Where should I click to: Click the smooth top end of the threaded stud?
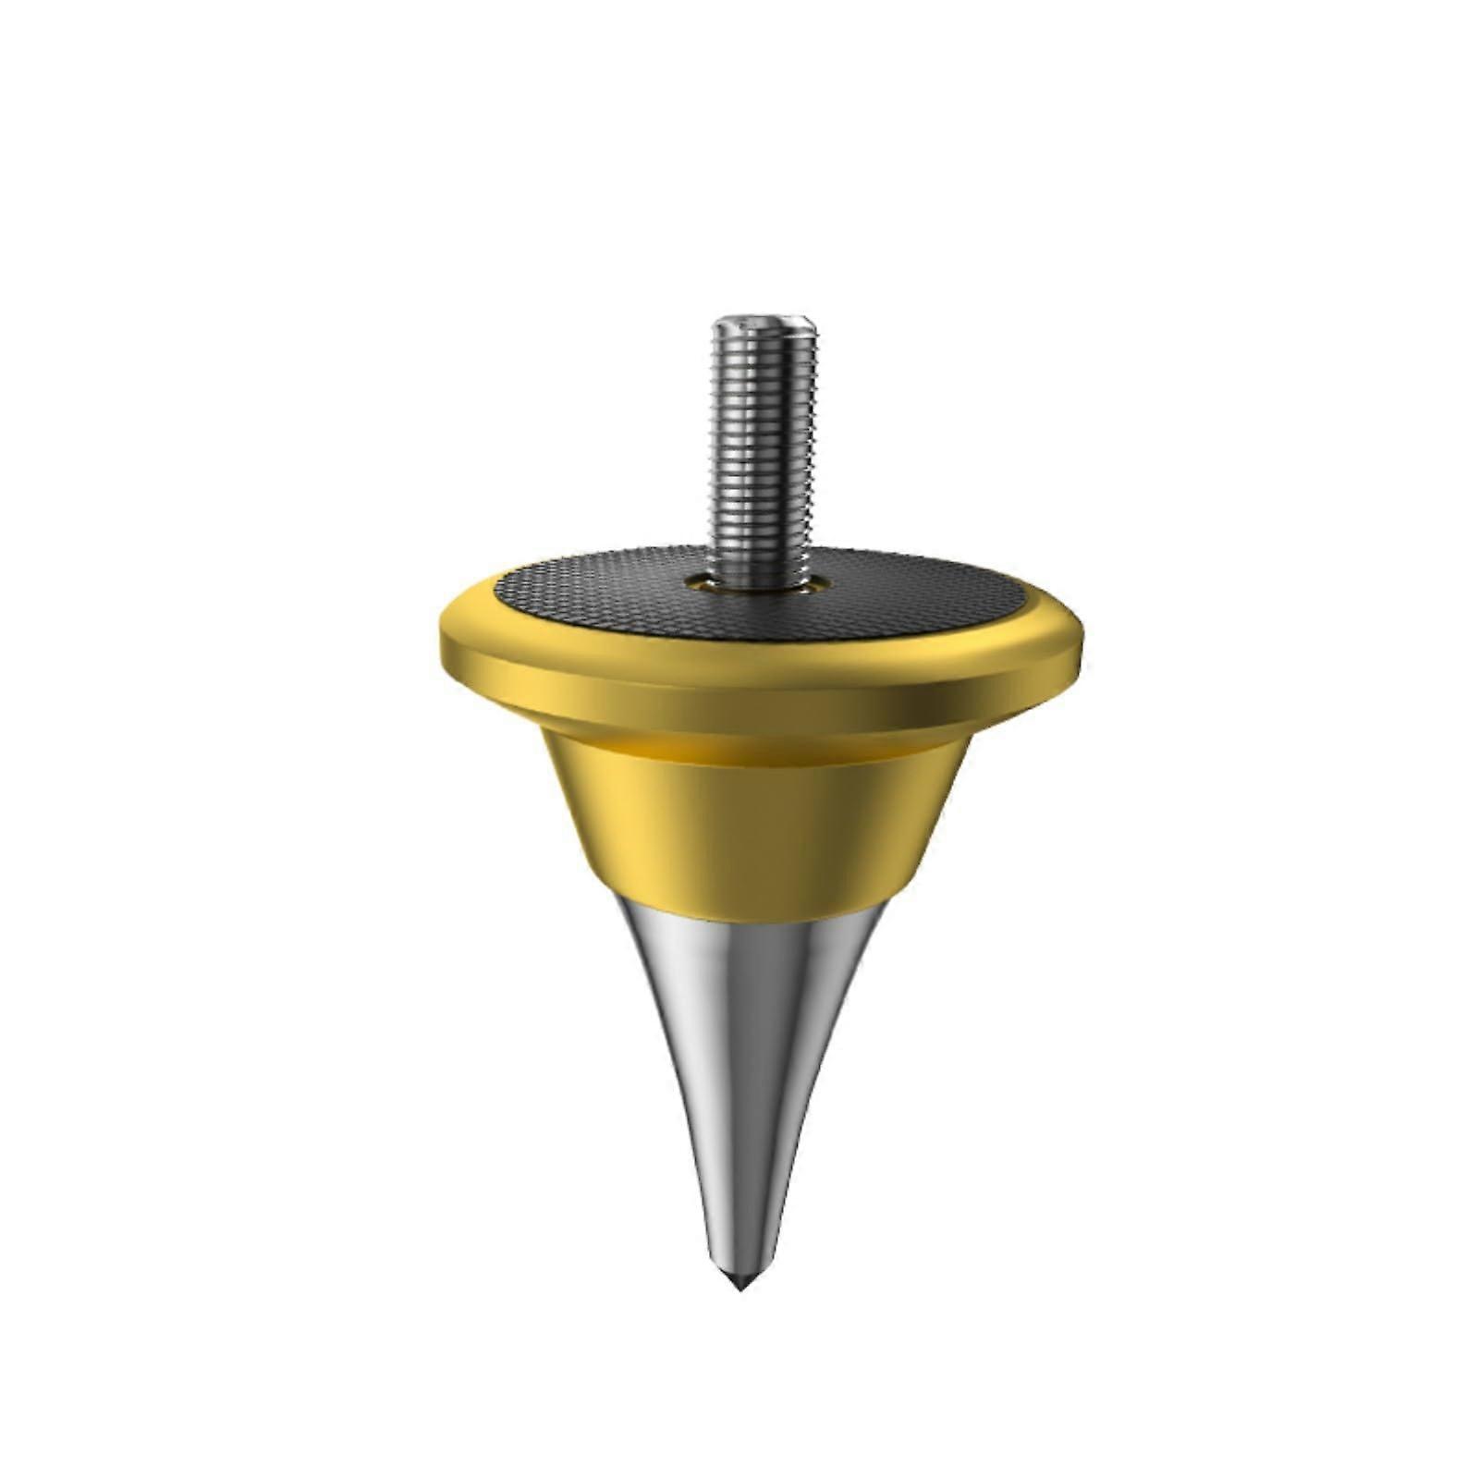tap(764, 325)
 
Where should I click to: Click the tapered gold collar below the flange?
tap(758, 813)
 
